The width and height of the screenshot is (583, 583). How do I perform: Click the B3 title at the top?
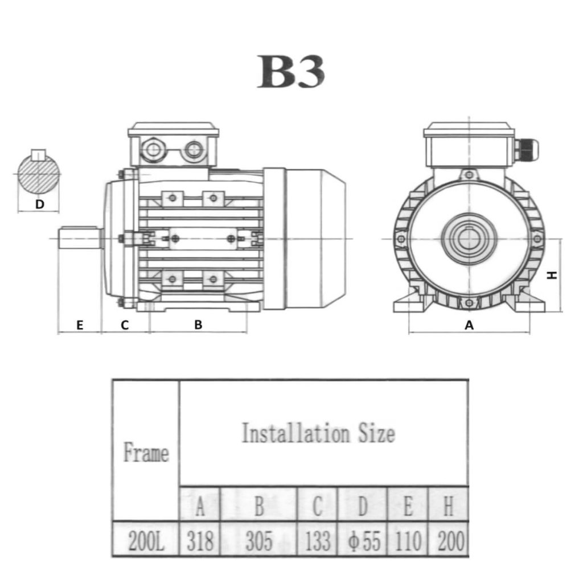(291, 72)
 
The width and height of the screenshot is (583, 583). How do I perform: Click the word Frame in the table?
(146, 454)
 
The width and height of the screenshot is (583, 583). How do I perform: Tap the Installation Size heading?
(318, 434)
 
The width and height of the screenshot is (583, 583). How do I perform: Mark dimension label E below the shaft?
(80, 325)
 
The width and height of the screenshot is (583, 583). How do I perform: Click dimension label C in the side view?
(125, 325)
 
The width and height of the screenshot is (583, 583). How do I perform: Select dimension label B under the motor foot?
(198, 325)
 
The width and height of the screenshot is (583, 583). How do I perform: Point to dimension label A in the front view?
(469, 325)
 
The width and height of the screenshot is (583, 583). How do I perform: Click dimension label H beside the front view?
(551, 275)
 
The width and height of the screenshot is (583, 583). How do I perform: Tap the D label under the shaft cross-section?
(39, 204)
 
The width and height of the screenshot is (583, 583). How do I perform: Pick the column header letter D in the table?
(363, 504)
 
